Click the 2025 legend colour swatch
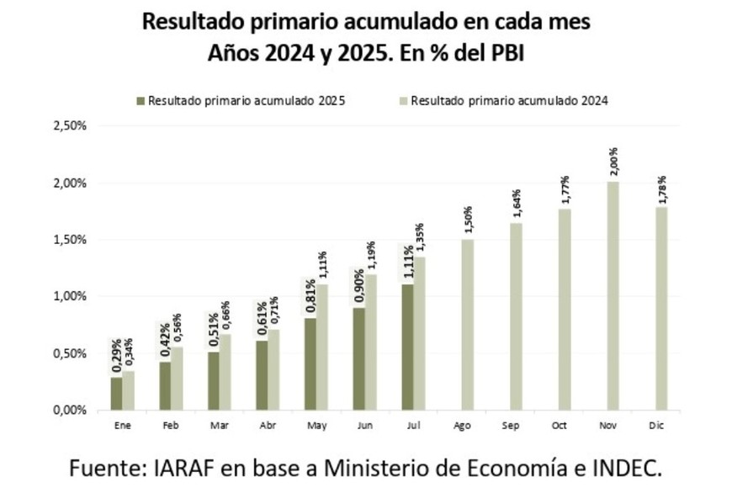pos(141,100)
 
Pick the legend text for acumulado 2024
pos(508,100)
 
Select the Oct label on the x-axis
pos(560,427)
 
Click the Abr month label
pos(268,427)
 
